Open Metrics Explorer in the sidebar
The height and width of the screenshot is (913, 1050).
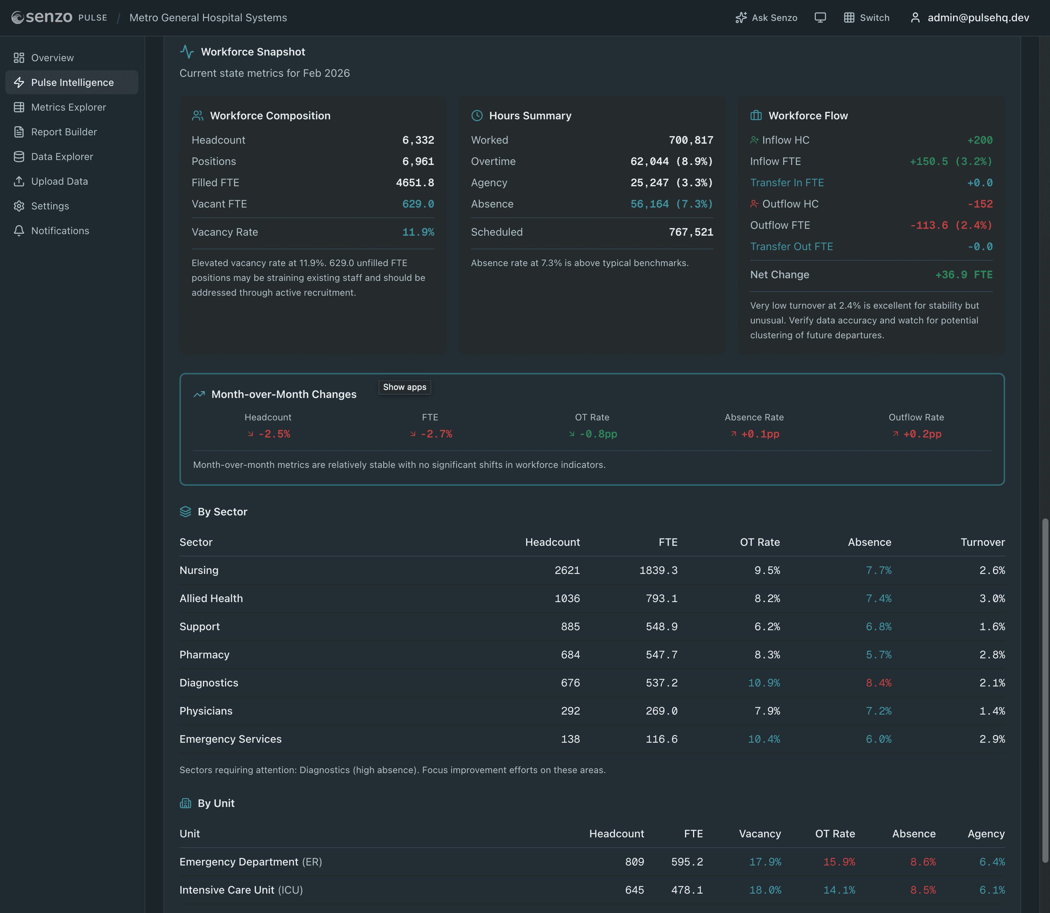tap(68, 107)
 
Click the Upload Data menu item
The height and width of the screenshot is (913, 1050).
tap(59, 181)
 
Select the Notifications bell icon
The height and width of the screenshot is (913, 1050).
tap(19, 231)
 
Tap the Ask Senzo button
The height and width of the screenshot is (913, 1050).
tap(766, 18)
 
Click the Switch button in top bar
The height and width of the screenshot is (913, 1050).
tap(867, 18)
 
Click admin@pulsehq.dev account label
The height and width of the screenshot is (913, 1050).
tap(978, 18)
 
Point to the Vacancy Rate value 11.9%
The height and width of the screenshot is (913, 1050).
tap(418, 232)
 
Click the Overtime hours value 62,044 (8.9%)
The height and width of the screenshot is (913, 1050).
tap(671, 162)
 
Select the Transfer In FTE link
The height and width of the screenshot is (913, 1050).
tap(787, 183)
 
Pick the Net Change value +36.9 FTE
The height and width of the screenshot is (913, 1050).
tap(963, 275)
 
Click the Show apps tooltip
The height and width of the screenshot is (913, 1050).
tap(404, 387)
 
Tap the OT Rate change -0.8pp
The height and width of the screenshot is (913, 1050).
tap(598, 434)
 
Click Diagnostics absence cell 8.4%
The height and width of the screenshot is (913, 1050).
tap(878, 683)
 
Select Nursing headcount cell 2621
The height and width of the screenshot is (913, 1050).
tap(567, 571)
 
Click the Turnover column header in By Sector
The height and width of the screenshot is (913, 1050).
tap(982, 542)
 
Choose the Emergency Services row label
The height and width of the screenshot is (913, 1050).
tap(230, 739)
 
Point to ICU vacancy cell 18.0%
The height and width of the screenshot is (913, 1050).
tap(765, 890)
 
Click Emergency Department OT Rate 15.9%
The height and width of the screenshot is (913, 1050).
tap(839, 862)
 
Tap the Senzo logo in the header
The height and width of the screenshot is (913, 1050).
tap(42, 18)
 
